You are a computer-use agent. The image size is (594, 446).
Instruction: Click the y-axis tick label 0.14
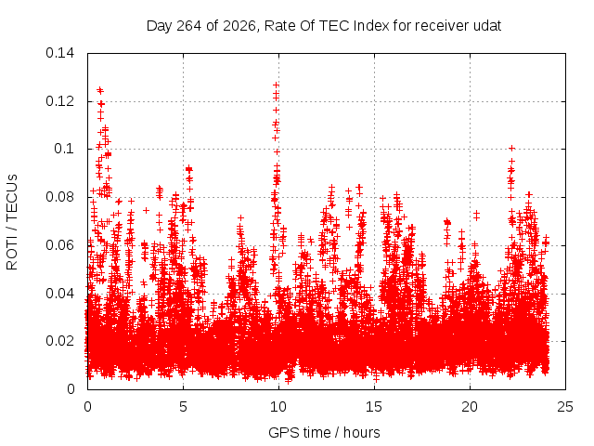click(59, 53)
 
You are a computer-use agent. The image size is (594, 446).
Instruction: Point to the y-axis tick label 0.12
click(59, 101)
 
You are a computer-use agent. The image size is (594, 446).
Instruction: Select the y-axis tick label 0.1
click(64, 149)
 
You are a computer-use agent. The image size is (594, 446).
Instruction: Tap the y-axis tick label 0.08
click(59, 197)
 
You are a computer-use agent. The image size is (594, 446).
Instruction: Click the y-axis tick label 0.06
click(59, 245)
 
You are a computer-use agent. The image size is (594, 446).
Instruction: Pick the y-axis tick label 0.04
click(59, 294)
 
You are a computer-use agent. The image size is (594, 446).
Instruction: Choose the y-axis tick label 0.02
click(59, 341)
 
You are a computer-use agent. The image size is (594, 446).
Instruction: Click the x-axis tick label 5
click(184, 407)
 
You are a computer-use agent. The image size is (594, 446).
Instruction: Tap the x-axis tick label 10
click(278, 407)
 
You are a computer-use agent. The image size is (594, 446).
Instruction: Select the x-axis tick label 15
click(374, 407)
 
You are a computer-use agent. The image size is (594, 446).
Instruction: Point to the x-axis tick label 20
click(470, 407)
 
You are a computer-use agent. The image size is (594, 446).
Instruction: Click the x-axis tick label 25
click(565, 407)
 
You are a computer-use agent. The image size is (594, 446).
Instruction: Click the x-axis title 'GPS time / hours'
click(324, 433)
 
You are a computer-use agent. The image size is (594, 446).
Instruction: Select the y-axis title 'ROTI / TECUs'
click(12, 222)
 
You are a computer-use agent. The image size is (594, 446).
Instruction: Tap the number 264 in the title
click(189, 26)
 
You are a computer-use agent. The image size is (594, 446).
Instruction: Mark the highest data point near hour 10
click(277, 85)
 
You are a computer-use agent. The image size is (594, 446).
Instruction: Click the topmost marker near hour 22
click(511, 148)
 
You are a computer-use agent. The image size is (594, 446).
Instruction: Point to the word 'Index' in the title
click(371, 26)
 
